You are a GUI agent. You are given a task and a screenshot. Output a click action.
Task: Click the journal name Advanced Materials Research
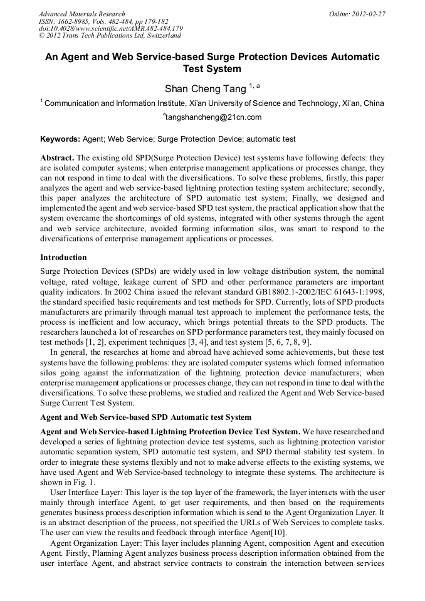pyautogui.click(x=81, y=13)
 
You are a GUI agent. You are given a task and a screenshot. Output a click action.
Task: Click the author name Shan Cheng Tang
pyautogui.click(x=206, y=88)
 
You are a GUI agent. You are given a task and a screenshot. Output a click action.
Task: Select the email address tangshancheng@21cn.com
pyautogui.click(x=212, y=117)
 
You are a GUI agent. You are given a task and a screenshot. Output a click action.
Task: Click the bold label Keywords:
pyautogui.click(x=60, y=138)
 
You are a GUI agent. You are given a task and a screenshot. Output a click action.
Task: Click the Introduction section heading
pyautogui.click(x=63, y=257)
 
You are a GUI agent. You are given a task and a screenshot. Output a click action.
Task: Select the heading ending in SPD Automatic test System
pyautogui.click(x=145, y=417)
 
